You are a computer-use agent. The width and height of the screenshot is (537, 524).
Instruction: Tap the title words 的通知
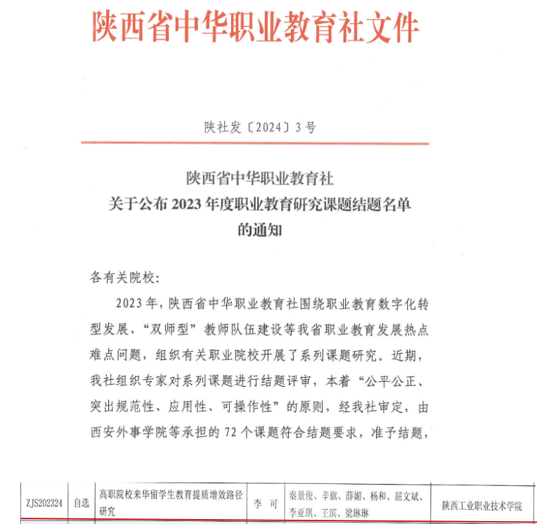(260, 229)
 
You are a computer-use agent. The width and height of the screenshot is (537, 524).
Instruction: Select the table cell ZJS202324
(44, 504)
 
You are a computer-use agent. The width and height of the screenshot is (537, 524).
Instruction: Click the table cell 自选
(82, 504)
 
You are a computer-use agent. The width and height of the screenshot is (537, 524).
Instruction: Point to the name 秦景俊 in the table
(300, 495)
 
